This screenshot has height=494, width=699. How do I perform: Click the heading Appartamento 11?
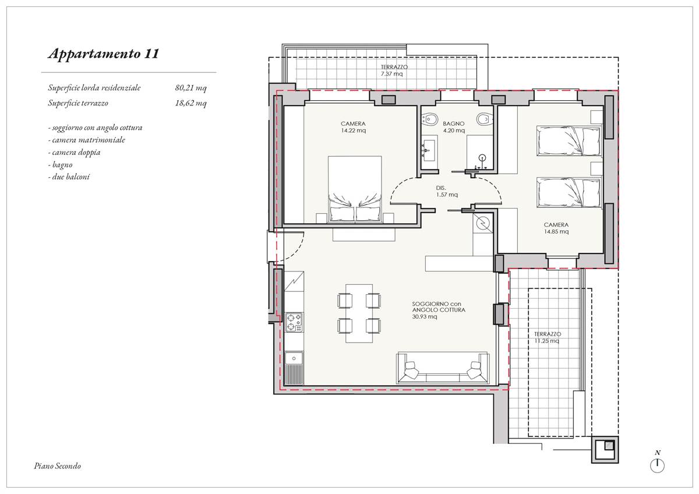click(x=104, y=54)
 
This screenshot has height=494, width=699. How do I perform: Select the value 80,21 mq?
click(x=190, y=88)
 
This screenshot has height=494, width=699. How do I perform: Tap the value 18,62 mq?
click(x=190, y=103)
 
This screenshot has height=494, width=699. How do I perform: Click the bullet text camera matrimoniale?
click(x=87, y=140)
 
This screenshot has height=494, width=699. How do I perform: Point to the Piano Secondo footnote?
click(x=58, y=466)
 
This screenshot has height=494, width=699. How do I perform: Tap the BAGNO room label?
click(x=454, y=123)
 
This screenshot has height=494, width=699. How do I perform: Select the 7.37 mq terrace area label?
click(x=391, y=74)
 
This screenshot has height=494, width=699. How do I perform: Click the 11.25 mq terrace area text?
click(x=547, y=341)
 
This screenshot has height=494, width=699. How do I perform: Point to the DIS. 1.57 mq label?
click(x=447, y=191)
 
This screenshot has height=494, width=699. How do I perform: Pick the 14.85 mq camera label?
click(x=556, y=231)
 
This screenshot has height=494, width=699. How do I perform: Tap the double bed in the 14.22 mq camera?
click(x=355, y=189)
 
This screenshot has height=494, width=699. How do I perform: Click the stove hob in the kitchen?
click(x=294, y=322)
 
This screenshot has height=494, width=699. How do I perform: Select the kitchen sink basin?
click(x=294, y=358)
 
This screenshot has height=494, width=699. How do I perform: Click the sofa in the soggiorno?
click(x=443, y=368)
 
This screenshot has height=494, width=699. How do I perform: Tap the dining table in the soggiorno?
click(x=359, y=313)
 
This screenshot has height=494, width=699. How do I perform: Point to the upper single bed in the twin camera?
click(x=569, y=141)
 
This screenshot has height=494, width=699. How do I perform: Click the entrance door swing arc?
click(x=298, y=250)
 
